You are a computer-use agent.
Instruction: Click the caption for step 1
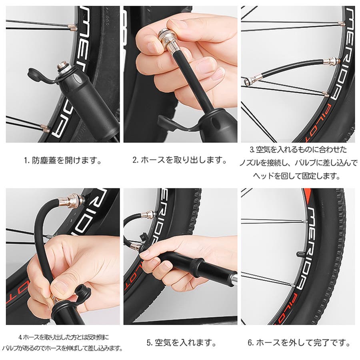point(63,160)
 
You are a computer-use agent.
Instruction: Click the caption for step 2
point(180,160)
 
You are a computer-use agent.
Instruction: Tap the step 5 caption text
point(181,343)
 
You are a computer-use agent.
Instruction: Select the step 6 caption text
point(299,343)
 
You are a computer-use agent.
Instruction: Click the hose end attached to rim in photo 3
point(329,61)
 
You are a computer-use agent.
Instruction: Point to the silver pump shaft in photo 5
point(234,278)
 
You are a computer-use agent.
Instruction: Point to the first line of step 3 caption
point(298,150)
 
